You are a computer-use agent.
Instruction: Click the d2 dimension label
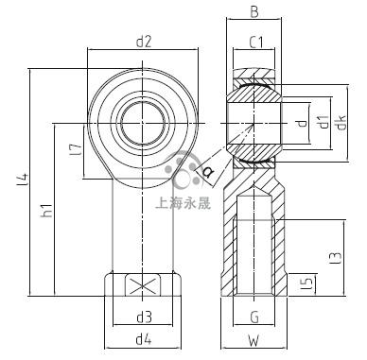point(144,42)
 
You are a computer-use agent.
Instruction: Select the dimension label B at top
point(254,12)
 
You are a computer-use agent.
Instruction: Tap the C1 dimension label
point(256,43)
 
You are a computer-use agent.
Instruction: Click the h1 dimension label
point(46,210)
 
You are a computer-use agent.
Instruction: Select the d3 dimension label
point(144,317)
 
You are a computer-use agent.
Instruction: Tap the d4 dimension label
point(144,339)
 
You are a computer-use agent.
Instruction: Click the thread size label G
point(254,317)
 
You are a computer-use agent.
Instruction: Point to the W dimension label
point(253,340)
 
